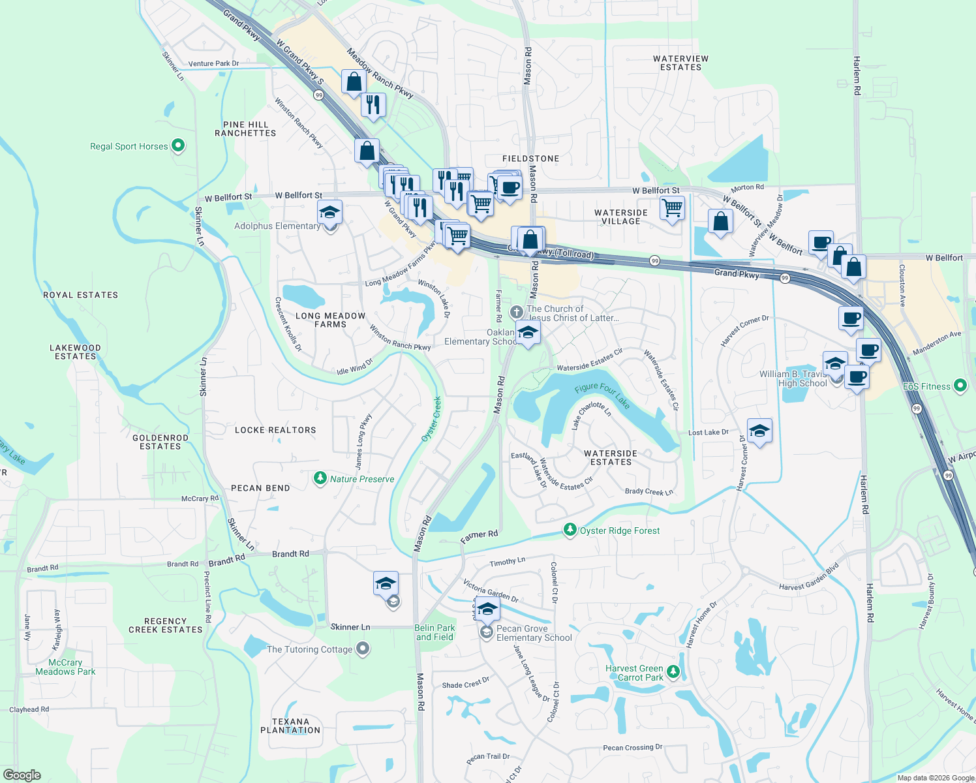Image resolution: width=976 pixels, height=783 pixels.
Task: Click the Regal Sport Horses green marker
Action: click(x=178, y=146)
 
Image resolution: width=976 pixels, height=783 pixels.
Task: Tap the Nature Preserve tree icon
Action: click(x=320, y=479)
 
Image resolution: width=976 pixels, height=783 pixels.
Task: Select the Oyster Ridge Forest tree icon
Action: click(x=570, y=530)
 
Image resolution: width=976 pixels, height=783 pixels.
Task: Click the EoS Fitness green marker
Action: click(x=960, y=386)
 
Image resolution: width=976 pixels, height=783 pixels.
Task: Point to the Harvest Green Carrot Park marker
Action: click(x=673, y=671)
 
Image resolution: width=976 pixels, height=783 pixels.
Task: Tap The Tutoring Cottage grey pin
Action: click(x=363, y=649)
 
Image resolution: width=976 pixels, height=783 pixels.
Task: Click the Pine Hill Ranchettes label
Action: click(x=245, y=129)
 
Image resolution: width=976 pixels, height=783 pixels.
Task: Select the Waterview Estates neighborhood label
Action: click(x=680, y=63)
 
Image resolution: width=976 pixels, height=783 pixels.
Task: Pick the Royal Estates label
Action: click(x=81, y=295)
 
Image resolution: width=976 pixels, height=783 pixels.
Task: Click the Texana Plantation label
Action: click(x=290, y=726)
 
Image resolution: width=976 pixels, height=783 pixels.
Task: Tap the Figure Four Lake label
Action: click(x=602, y=395)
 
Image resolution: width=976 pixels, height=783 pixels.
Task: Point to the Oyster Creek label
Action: click(x=431, y=418)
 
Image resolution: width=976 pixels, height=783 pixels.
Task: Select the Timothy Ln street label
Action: click(x=507, y=562)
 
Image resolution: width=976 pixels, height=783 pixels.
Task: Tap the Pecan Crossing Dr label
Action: click(x=632, y=747)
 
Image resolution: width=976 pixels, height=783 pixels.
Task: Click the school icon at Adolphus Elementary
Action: click(x=329, y=213)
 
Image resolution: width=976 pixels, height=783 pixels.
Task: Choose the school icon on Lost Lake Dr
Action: click(x=759, y=431)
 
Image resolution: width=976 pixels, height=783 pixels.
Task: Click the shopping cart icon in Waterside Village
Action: click(x=672, y=208)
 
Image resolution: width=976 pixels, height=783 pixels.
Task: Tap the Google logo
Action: click(x=22, y=775)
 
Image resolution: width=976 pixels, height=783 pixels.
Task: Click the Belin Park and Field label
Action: click(x=435, y=632)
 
